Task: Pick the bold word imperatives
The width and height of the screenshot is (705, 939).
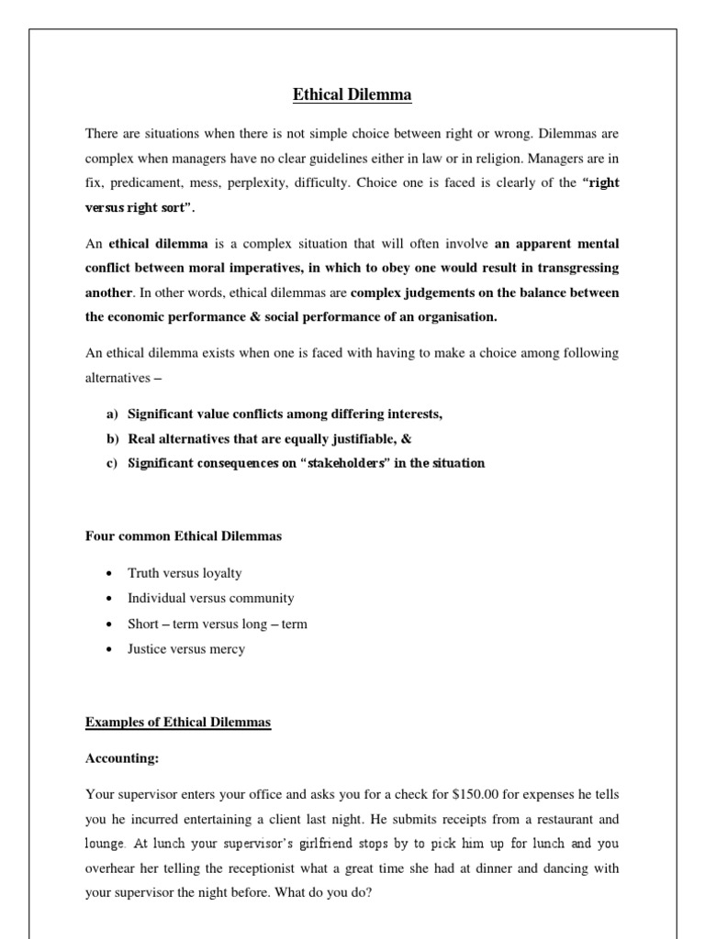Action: pyautogui.click(x=263, y=268)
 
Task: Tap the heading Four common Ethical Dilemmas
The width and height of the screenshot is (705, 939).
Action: pyautogui.click(x=184, y=536)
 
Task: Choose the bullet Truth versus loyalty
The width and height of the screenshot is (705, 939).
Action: pyautogui.click(x=185, y=573)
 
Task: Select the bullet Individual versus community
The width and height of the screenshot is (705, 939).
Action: pyautogui.click(x=211, y=598)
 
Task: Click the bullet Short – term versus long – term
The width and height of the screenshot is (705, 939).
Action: pyautogui.click(x=218, y=624)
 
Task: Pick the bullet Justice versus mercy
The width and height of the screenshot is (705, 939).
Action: pyautogui.click(x=186, y=649)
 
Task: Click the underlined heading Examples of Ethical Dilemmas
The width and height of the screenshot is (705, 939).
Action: pyautogui.click(x=178, y=723)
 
